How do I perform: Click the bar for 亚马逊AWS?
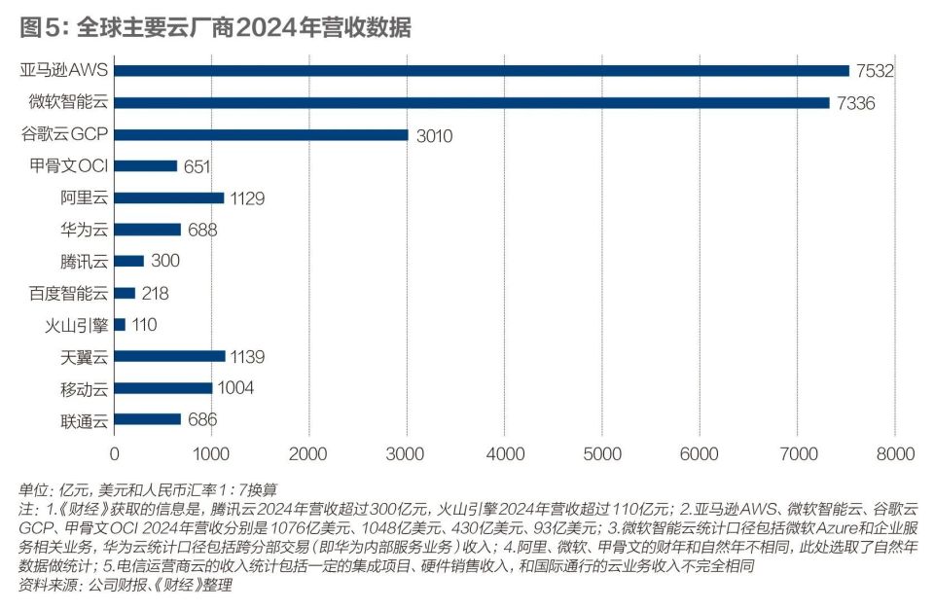(x=482, y=70)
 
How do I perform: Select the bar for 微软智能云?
(x=472, y=102)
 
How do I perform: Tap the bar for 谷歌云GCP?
(x=261, y=134)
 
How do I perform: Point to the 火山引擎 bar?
(x=120, y=325)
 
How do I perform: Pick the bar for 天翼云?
(x=169, y=356)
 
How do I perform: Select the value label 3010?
(x=434, y=134)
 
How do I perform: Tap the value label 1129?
(x=248, y=197)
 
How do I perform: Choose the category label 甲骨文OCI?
(x=69, y=166)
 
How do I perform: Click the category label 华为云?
(x=84, y=230)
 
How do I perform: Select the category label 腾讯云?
(x=84, y=261)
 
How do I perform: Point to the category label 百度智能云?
(x=69, y=293)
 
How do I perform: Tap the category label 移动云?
(x=84, y=388)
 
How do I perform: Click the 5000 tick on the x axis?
(x=601, y=453)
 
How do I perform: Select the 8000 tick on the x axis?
(x=894, y=453)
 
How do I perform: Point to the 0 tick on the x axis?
(x=115, y=453)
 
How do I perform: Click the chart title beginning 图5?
(x=215, y=27)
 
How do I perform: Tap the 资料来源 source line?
(x=126, y=587)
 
